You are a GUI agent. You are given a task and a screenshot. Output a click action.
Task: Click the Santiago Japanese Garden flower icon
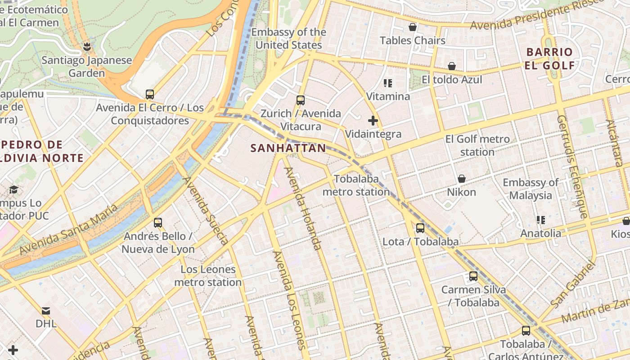point(87,46)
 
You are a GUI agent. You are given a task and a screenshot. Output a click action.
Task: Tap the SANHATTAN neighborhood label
point(288,148)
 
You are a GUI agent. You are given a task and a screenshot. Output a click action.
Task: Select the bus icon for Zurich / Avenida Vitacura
point(301,100)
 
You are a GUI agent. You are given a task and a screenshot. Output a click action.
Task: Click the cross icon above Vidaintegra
point(373,121)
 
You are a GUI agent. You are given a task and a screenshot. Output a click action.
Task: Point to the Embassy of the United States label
point(288,39)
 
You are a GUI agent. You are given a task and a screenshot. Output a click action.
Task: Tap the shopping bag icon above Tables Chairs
point(413,27)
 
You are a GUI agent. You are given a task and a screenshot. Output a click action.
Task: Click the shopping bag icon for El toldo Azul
point(452,66)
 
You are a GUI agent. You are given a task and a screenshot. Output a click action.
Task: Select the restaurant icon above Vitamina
point(388,83)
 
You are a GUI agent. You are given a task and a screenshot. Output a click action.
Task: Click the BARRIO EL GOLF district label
point(550,58)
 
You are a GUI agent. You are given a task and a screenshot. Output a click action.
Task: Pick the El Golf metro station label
point(477,145)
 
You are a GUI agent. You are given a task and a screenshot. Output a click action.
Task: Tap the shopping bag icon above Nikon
point(461,179)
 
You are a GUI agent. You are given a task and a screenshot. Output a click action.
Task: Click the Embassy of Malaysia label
point(531,189)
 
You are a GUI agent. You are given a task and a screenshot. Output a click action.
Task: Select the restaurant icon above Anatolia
point(541,220)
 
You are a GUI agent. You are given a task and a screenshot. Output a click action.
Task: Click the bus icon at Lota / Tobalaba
point(420,228)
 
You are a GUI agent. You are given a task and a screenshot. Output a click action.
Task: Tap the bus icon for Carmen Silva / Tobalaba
point(473,276)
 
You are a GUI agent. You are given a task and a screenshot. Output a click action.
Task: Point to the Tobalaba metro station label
point(356,185)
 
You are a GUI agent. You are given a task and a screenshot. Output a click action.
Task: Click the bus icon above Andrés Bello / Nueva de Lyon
point(158,222)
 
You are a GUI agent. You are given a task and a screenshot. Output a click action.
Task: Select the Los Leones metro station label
point(208,276)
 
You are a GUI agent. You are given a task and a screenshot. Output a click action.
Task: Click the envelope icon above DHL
point(46,310)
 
